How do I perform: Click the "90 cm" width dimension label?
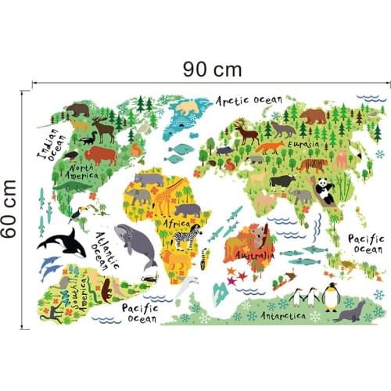[212, 69]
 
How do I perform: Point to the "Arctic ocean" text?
[249, 101]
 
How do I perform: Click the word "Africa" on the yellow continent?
[178, 223]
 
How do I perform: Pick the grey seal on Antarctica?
[349, 311]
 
